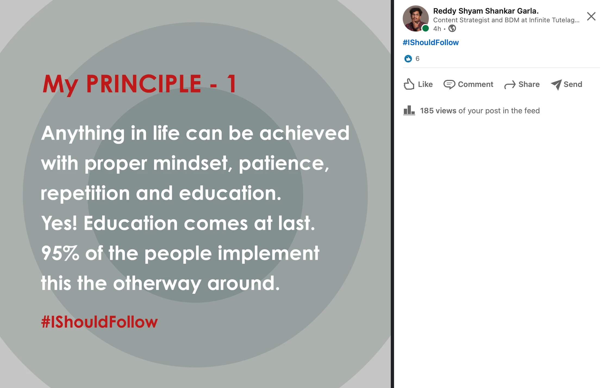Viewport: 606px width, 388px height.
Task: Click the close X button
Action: [591, 16]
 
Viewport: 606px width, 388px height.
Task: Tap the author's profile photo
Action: [416, 18]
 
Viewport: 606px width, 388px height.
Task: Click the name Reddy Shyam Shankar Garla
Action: [486, 11]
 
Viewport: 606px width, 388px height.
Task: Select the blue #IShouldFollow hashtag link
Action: [430, 42]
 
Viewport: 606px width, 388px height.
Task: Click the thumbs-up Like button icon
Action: [409, 84]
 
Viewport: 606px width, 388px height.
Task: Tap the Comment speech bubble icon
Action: [449, 85]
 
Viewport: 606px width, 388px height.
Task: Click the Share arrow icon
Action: [510, 85]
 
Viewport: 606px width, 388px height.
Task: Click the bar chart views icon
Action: [409, 110]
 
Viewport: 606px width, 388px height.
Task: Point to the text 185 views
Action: [438, 111]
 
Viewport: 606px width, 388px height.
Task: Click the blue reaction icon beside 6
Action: [408, 59]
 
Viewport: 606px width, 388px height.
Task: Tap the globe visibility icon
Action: [452, 28]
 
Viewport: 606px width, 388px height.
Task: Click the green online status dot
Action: [426, 28]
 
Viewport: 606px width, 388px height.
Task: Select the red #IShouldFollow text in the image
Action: [99, 322]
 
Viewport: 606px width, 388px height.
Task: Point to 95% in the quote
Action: [60, 253]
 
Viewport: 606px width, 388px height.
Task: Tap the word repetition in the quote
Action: [85, 193]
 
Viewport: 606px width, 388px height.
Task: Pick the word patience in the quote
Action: [284, 164]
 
